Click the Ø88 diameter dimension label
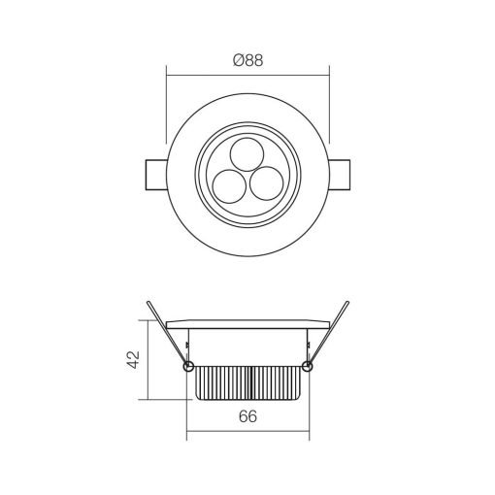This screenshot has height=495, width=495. coord(248,60)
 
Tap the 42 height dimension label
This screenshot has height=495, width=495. coord(133,359)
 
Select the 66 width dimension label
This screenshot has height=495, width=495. coord(247,416)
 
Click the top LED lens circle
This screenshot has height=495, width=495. coord(247,154)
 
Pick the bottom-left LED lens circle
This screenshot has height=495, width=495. coord(229,186)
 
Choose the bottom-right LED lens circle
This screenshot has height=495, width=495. coord(267,183)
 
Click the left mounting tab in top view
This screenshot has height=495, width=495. coord(156,175)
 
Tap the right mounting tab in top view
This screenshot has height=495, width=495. coord(339,175)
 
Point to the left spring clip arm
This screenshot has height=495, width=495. coord(167,334)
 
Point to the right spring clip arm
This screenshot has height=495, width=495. coord(328,334)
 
